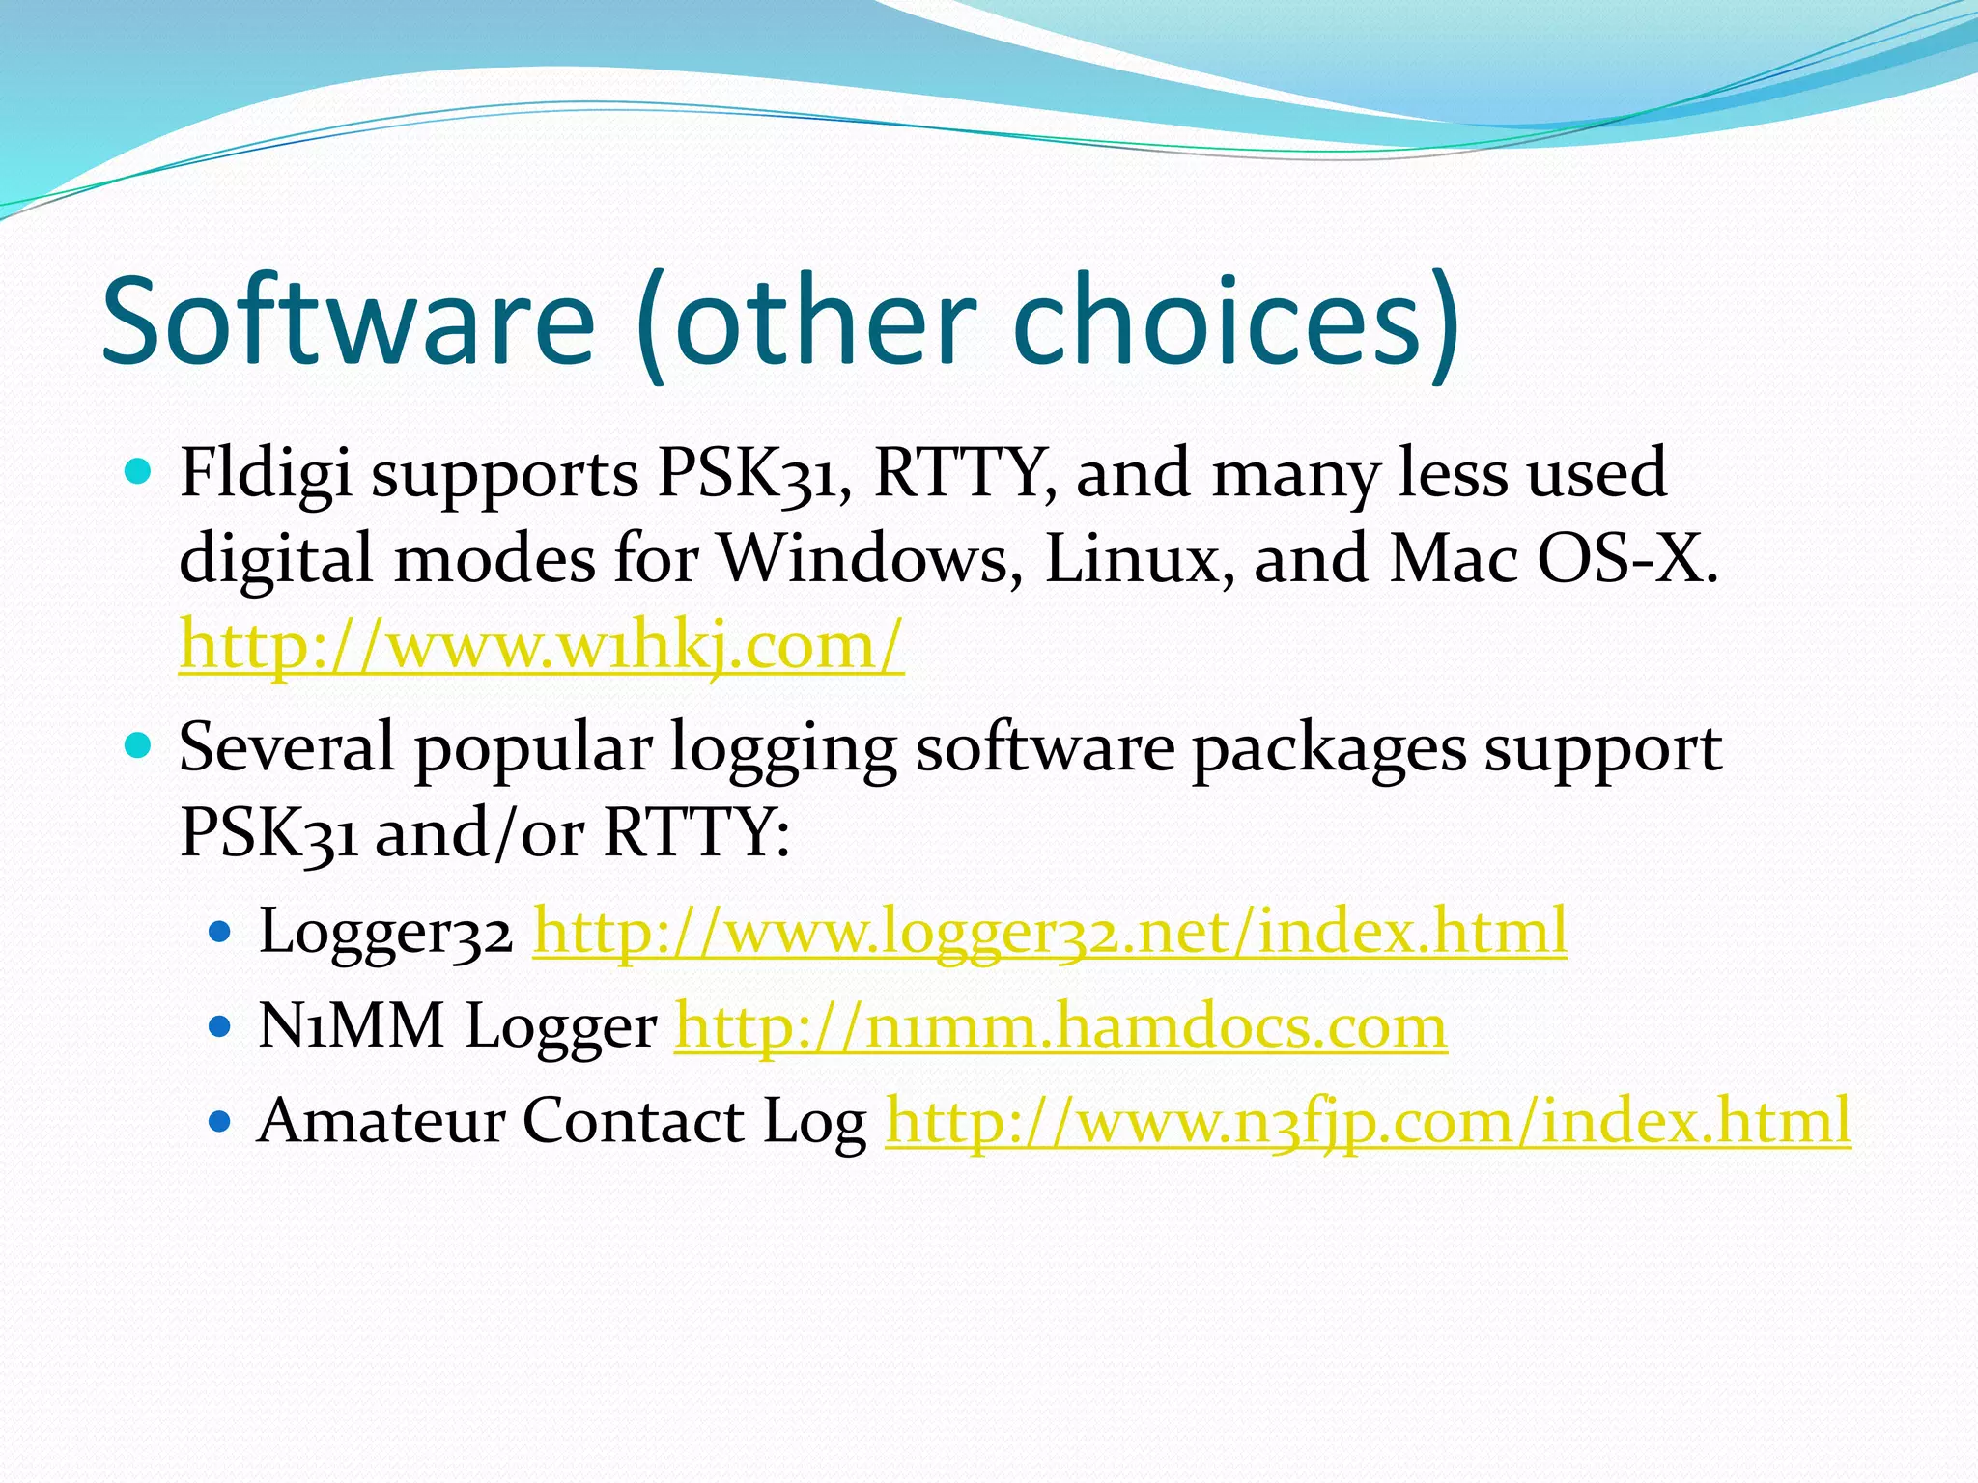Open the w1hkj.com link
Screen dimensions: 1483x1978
pos(541,645)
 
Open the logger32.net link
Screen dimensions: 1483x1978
pos(1050,932)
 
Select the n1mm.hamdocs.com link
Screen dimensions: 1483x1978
pos(1060,1025)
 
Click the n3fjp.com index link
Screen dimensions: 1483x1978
pos(1368,1121)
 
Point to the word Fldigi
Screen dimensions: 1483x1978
pos(266,473)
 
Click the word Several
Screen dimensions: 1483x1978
pos(287,748)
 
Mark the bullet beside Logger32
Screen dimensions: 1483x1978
pos(220,933)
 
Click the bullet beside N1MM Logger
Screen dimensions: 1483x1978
pos(220,1026)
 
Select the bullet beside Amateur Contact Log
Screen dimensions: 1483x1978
pos(220,1122)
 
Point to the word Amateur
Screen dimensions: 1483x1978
pos(381,1121)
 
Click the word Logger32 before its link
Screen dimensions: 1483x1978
pos(384,933)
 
